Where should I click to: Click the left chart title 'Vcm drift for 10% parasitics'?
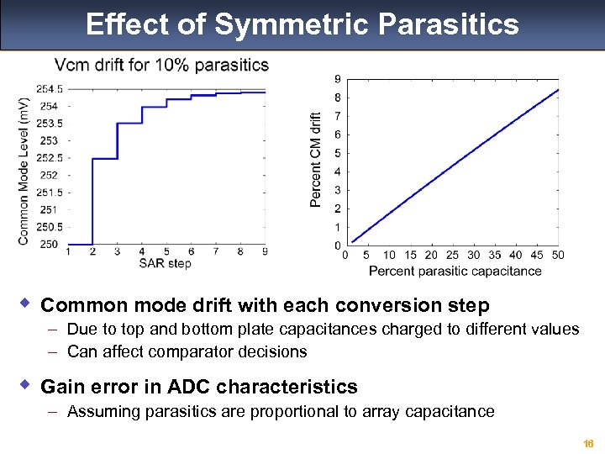click(x=161, y=65)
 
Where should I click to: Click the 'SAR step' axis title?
click(x=165, y=264)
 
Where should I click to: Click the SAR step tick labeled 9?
click(x=265, y=251)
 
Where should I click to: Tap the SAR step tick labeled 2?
click(x=92, y=251)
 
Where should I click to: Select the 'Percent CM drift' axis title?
click(x=315, y=160)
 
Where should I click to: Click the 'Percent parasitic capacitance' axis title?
click(x=455, y=271)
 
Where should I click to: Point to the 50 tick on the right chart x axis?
click(x=558, y=256)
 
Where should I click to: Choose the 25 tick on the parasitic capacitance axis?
click(x=452, y=256)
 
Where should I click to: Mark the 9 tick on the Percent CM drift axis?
click(x=337, y=79)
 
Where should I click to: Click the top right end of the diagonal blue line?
click(x=558, y=90)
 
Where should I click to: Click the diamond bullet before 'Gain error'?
click(x=25, y=384)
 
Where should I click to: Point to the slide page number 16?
click(x=588, y=443)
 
